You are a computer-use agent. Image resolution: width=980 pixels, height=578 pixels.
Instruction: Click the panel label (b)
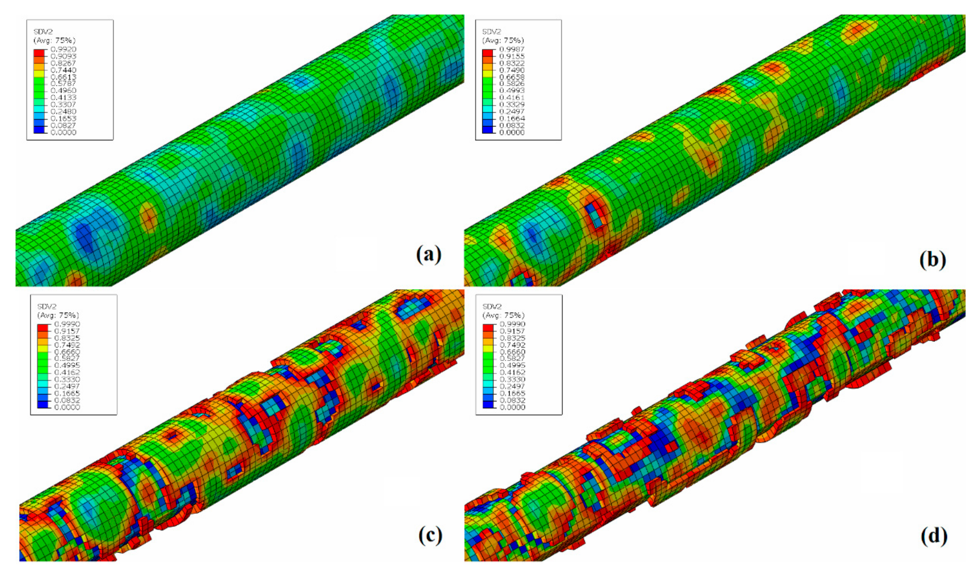pyautogui.click(x=932, y=260)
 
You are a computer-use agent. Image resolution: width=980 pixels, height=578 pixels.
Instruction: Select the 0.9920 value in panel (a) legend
pyautogui.click(x=64, y=49)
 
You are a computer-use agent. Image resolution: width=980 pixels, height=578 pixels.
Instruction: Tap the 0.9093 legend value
pyautogui.click(x=64, y=56)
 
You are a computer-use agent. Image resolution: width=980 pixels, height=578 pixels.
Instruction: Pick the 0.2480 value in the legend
pyautogui.click(x=64, y=111)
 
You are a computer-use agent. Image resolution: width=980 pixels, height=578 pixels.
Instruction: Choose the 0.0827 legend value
pyautogui.click(x=64, y=126)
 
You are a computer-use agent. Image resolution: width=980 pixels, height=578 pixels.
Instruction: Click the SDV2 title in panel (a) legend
pyautogui.click(x=43, y=32)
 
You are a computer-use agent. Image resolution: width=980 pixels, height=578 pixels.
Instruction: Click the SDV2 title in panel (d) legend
pyautogui.click(x=492, y=307)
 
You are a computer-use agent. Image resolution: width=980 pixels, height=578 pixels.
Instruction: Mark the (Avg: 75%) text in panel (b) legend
pyautogui.click(x=503, y=40)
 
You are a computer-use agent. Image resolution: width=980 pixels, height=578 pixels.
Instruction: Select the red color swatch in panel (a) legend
pyautogui.click(x=39, y=53)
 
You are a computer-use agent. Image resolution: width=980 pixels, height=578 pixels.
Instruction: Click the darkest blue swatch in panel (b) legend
pyautogui.click(x=487, y=130)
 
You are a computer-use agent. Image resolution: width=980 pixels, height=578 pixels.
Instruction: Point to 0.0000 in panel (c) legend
pyautogui.click(x=67, y=407)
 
